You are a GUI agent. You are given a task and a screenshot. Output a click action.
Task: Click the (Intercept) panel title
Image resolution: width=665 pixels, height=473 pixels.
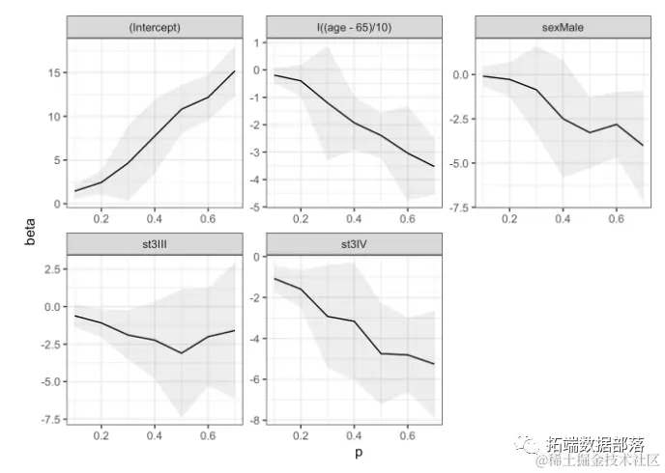click(x=155, y=28)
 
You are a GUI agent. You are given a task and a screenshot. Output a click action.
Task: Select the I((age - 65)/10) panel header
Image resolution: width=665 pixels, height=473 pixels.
click(x=354, y=28)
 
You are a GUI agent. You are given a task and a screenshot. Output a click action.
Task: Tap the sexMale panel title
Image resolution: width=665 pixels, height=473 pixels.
click(x=554, y=28)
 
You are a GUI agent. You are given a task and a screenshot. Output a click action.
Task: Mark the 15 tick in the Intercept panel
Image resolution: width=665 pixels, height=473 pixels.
click(x=54, y=73)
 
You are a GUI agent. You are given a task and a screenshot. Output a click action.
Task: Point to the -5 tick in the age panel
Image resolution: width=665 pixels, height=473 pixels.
click(x=255, y=207)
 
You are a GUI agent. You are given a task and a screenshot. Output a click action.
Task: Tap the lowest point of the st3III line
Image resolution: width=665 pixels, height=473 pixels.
click(x=181, y=353)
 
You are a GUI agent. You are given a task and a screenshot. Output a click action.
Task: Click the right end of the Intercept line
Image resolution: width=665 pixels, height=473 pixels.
click(x=234, y=71)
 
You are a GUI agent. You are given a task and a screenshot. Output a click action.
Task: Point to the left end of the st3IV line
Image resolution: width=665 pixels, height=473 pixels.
click(x=275, y=279)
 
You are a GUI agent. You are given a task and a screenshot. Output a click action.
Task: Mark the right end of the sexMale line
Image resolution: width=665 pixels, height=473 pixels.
click(x=643, y=145)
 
